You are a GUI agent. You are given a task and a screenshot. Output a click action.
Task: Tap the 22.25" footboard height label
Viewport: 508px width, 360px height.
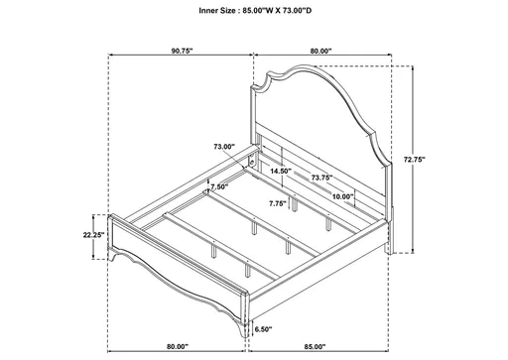(94, 235)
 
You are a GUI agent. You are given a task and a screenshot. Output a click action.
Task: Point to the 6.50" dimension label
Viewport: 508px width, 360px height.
(262, 328)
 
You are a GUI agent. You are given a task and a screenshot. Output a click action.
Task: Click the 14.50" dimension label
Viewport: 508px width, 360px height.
(281, 171)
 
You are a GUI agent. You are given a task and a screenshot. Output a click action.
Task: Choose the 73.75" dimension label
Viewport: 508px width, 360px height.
(320, 179)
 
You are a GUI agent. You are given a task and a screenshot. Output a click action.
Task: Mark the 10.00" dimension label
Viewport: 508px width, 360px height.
(343, 197)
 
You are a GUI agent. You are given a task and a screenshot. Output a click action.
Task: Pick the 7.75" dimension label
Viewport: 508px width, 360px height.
(277, 202)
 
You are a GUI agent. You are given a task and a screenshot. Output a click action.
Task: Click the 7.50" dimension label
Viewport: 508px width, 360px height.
(218, 185)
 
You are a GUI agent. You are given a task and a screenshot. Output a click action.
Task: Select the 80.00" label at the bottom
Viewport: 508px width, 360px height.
(178, 346)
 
